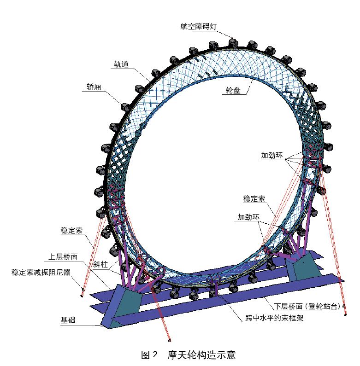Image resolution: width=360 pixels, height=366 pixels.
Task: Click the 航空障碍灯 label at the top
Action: [x=199, y=26]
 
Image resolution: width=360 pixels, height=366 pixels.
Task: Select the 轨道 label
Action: [x=121, y=64]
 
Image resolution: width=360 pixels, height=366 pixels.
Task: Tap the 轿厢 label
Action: [x=94, y=87]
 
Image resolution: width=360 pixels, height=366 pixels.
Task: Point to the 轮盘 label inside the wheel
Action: [x=233, y=90]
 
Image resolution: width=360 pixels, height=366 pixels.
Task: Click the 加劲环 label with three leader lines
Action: [x=272, y=156]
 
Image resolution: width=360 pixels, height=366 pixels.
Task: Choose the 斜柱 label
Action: [x=100, y=264]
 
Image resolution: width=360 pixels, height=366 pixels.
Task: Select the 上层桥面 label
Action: [x=63, y=257]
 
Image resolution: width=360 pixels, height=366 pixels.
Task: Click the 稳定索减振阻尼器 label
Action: [x=41, y=272]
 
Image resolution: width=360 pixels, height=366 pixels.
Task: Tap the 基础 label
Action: [x=68, y=320]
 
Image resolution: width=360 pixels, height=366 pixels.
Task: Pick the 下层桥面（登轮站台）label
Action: [x=307, y=306]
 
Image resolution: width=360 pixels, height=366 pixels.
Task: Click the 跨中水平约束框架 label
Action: [x=274, y=318]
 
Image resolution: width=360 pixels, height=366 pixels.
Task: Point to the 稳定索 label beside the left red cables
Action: [x=71, y=231]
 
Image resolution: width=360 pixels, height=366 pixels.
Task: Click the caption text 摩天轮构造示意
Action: [x=201, y=355]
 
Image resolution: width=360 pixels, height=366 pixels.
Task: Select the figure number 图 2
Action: [x=149, y=355]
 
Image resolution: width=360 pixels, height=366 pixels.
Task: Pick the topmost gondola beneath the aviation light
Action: [x=233, y=43]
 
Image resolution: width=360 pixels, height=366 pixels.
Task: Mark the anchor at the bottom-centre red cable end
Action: [x=170, y=341]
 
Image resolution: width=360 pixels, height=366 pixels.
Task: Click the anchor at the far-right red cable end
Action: [x=346, y=314]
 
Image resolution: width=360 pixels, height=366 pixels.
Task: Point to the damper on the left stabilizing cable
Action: [x=83, y=290]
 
